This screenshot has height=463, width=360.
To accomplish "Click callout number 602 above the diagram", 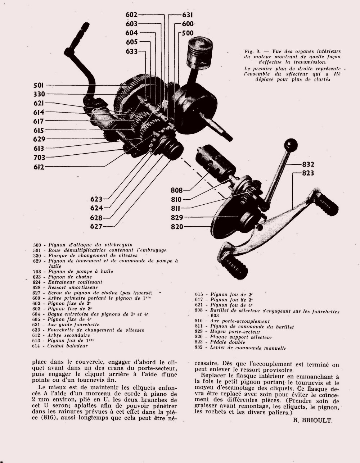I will click(x=131, y=15).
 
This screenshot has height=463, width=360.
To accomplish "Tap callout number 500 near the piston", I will click(x=188, y=33).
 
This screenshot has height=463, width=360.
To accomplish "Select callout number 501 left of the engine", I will click(x=39, y=85).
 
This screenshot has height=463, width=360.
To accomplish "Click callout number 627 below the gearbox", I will click(x=96, y=226).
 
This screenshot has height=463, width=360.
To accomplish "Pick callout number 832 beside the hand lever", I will click(x=308, y=164).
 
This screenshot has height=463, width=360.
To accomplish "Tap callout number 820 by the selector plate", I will click(x=177, y=227).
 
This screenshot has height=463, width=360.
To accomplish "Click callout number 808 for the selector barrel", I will click(x=177, y=190).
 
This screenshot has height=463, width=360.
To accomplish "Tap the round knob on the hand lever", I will click(x=291, y=145).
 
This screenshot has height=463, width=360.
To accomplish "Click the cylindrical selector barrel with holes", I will click(x=215, y=163).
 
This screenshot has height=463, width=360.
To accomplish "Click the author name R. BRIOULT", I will click(x=313, y=420).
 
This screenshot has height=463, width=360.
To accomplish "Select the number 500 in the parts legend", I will click(x=37, y=245).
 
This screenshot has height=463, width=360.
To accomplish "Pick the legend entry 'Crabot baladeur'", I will click(x=68, y=346).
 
